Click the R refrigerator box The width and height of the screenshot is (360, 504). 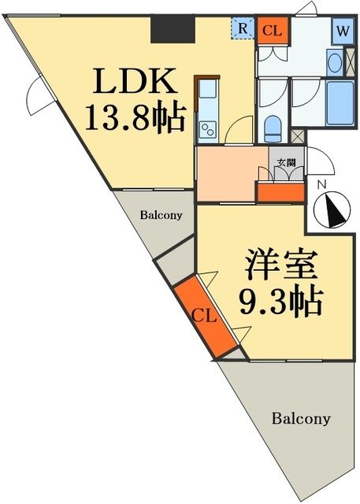(x=243, y=29)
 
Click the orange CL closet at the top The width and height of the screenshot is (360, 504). (x=273, y=31)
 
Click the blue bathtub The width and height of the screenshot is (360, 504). (x=343, y=102)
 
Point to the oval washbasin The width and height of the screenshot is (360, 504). (x=333, y=62)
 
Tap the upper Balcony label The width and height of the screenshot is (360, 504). (x=161, y=214)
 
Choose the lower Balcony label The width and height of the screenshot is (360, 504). (x=301, y=418)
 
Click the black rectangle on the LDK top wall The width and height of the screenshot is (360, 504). (x=173, y=30)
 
